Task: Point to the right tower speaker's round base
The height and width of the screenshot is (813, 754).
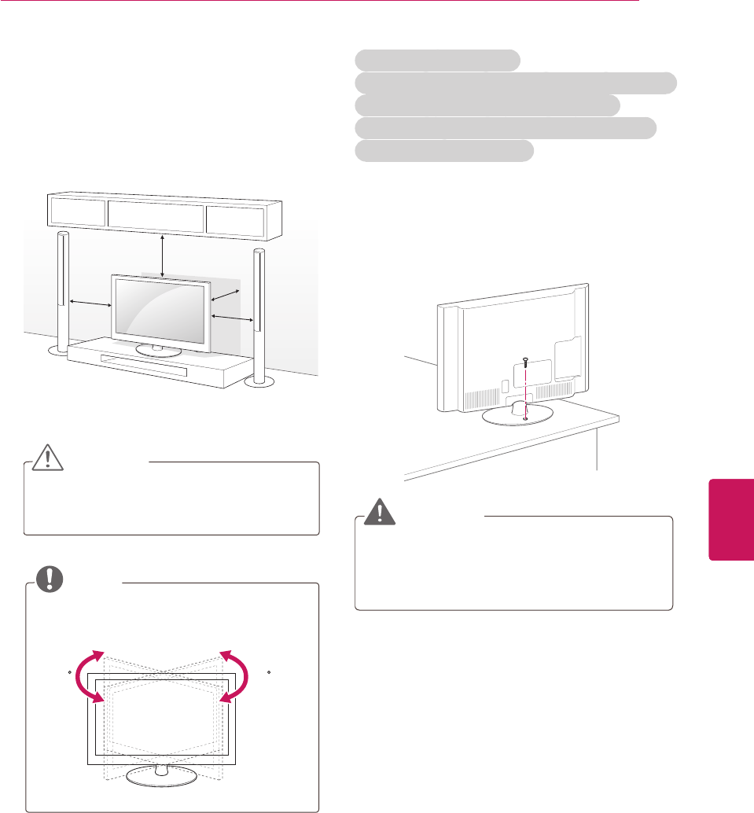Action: click(259, 381)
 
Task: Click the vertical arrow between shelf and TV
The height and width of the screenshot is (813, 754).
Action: click(162, 255)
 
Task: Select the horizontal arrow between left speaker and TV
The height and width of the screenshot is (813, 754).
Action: click(89, 302)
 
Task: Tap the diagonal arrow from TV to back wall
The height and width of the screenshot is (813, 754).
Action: click(224, 292)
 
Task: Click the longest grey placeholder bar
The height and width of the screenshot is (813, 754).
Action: click(516, 83)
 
